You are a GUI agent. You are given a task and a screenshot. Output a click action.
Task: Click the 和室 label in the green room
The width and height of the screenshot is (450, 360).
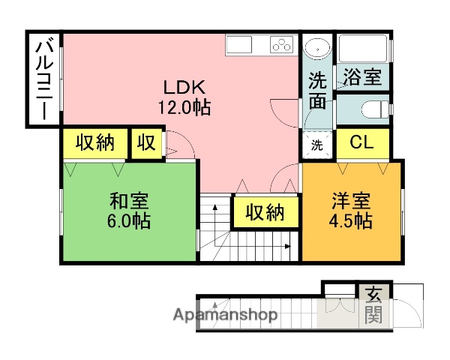click(x=129, y=202)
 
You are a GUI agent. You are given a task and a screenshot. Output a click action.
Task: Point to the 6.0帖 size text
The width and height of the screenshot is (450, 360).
click(x=129, y=221)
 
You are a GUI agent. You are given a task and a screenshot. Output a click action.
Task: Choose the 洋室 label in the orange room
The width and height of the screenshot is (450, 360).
click(x=351, y=202)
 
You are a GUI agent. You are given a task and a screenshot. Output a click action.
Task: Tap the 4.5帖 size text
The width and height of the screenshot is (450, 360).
click(x=351, y=221)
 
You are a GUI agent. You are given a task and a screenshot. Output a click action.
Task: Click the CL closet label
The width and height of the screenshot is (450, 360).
click(x=361, y=142)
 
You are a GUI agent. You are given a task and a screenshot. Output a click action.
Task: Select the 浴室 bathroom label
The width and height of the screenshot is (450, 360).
click(x=361, y=76)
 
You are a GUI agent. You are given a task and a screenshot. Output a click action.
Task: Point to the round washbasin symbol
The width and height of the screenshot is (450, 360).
click(x=318, y=49)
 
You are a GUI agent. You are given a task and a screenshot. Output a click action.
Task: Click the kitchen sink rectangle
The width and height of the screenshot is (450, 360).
click(x=241, y=44)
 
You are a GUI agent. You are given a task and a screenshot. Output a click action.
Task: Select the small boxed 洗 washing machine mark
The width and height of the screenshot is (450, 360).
click(x=316, y=145)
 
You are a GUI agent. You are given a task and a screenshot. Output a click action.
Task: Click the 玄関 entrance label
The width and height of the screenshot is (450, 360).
click(x=372, y=304)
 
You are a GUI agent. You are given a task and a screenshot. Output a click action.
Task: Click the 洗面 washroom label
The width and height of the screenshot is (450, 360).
click(x=318, y=89)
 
